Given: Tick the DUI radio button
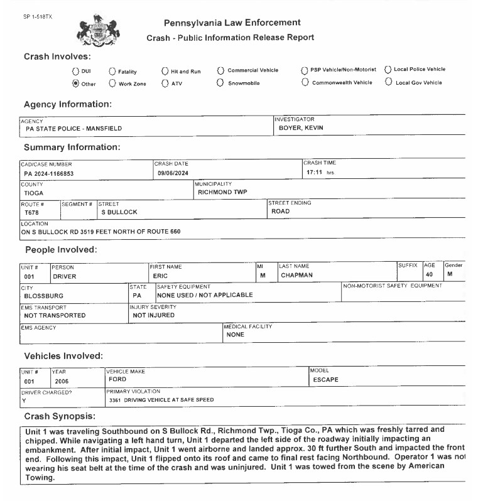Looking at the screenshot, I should tap(76, 71).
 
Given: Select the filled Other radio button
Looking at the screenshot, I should tap(76, 83).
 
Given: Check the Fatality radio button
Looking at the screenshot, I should tap(112, 72).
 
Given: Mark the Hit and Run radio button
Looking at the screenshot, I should tap(165, 72).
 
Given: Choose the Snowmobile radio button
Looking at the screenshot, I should tap(220, 83).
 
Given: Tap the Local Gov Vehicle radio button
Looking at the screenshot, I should tap(388, 82).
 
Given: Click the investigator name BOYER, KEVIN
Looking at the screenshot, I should tap(301, 129).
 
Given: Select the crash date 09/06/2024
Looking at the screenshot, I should tap(173, 173).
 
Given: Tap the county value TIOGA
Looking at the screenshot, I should tap(34, 193).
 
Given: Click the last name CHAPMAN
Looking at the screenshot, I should tap(296, 276).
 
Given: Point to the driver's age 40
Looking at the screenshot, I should tap(429, 275).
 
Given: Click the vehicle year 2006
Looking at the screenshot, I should tap(62, 381).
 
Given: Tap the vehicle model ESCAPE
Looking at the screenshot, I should tap(325, 380).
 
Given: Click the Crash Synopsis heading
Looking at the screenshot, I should tap(59, 416).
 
